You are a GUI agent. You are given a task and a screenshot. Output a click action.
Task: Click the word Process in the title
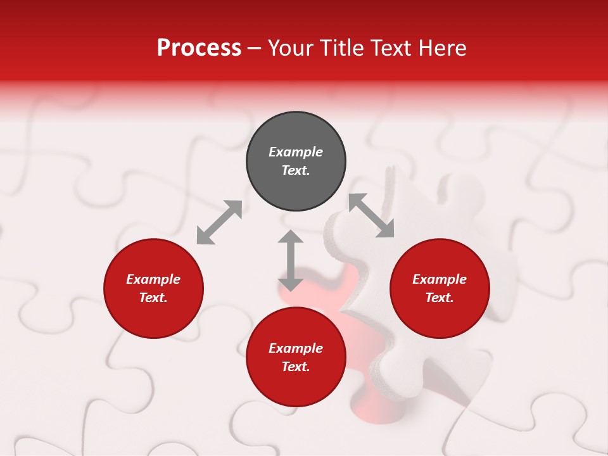[199, 48]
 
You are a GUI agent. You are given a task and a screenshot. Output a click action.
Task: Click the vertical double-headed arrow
[291, 260]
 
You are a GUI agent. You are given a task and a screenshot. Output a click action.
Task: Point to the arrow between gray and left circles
[219, 222]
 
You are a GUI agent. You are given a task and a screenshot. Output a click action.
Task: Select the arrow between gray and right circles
[371, 215]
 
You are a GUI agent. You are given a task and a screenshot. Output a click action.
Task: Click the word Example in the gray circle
[296, 152]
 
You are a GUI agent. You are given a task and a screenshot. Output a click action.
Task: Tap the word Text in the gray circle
[296, 170]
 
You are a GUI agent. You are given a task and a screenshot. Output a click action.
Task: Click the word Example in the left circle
[153, 279]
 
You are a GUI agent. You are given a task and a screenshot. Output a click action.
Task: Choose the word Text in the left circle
[153, 298]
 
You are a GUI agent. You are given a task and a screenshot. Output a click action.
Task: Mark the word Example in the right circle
[440, 279]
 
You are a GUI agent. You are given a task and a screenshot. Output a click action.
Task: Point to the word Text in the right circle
[440, 298]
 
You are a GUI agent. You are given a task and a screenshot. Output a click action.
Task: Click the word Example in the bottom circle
[296, 348]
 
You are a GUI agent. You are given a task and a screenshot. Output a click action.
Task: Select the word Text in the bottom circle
[296, 367]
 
